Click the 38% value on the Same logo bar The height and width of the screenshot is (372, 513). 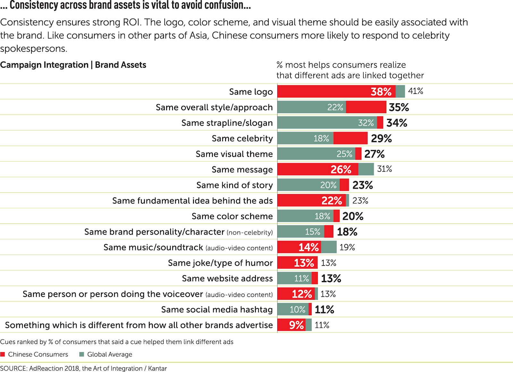coord(381,92)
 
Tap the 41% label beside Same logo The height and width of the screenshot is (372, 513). coord(416,91)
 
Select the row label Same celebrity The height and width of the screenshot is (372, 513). coord(242,139)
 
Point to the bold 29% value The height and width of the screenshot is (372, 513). coord(381,139)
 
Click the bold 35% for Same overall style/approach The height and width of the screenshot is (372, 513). coord(399,107)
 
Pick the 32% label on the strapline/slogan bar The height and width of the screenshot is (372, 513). coord(366,123)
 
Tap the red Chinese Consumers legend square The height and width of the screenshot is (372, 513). coord(3,354)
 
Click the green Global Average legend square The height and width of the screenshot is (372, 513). coord(81,354)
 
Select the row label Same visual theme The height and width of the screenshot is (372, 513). coord(234,154)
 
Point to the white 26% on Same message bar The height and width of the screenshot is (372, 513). coord(341,170)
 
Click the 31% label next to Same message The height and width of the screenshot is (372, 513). coord(384,169)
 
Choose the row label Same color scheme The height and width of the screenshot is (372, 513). coord(232,216)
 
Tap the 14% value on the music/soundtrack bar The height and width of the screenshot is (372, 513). coord(308,247)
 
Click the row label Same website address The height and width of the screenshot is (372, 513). coord(227,278)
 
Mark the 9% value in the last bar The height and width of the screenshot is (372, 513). coord(296,325)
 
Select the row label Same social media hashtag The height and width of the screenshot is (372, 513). coord(217,309)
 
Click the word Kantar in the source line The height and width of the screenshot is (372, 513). coord(157,368)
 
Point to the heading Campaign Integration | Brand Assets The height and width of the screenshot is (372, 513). coord(73,65)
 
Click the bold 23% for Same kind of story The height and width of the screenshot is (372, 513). coord(363,185)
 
